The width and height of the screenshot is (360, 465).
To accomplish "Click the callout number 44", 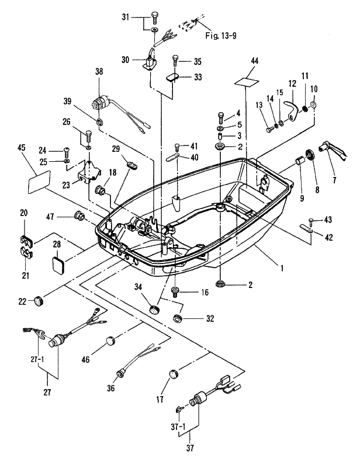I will click(x=254, y=61).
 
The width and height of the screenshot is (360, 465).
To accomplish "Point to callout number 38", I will click(x=99, y=71).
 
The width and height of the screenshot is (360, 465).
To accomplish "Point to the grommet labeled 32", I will click(x=176, y=319).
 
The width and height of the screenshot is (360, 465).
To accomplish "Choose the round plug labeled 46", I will click(x=110, y=341).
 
